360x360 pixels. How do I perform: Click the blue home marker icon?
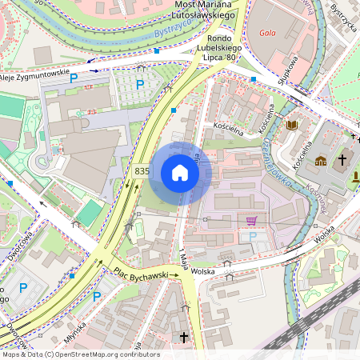pos(180,173)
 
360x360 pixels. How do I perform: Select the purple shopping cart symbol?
pos(251,221)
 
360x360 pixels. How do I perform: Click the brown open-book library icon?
pos(292,125)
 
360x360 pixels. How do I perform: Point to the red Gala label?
pos(268,34)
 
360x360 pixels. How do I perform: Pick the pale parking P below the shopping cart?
pos(253,237)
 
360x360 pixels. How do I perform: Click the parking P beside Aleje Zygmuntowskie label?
pos(74,78)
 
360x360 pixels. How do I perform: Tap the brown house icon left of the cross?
pos(321,161)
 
